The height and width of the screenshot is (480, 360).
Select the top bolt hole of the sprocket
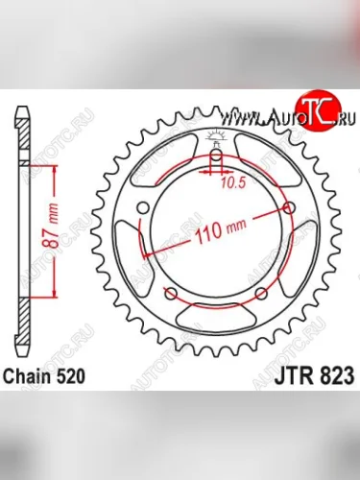[216, 156]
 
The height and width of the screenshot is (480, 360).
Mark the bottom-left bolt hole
[171, 294]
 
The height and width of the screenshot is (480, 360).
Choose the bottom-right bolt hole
[261, 294]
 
